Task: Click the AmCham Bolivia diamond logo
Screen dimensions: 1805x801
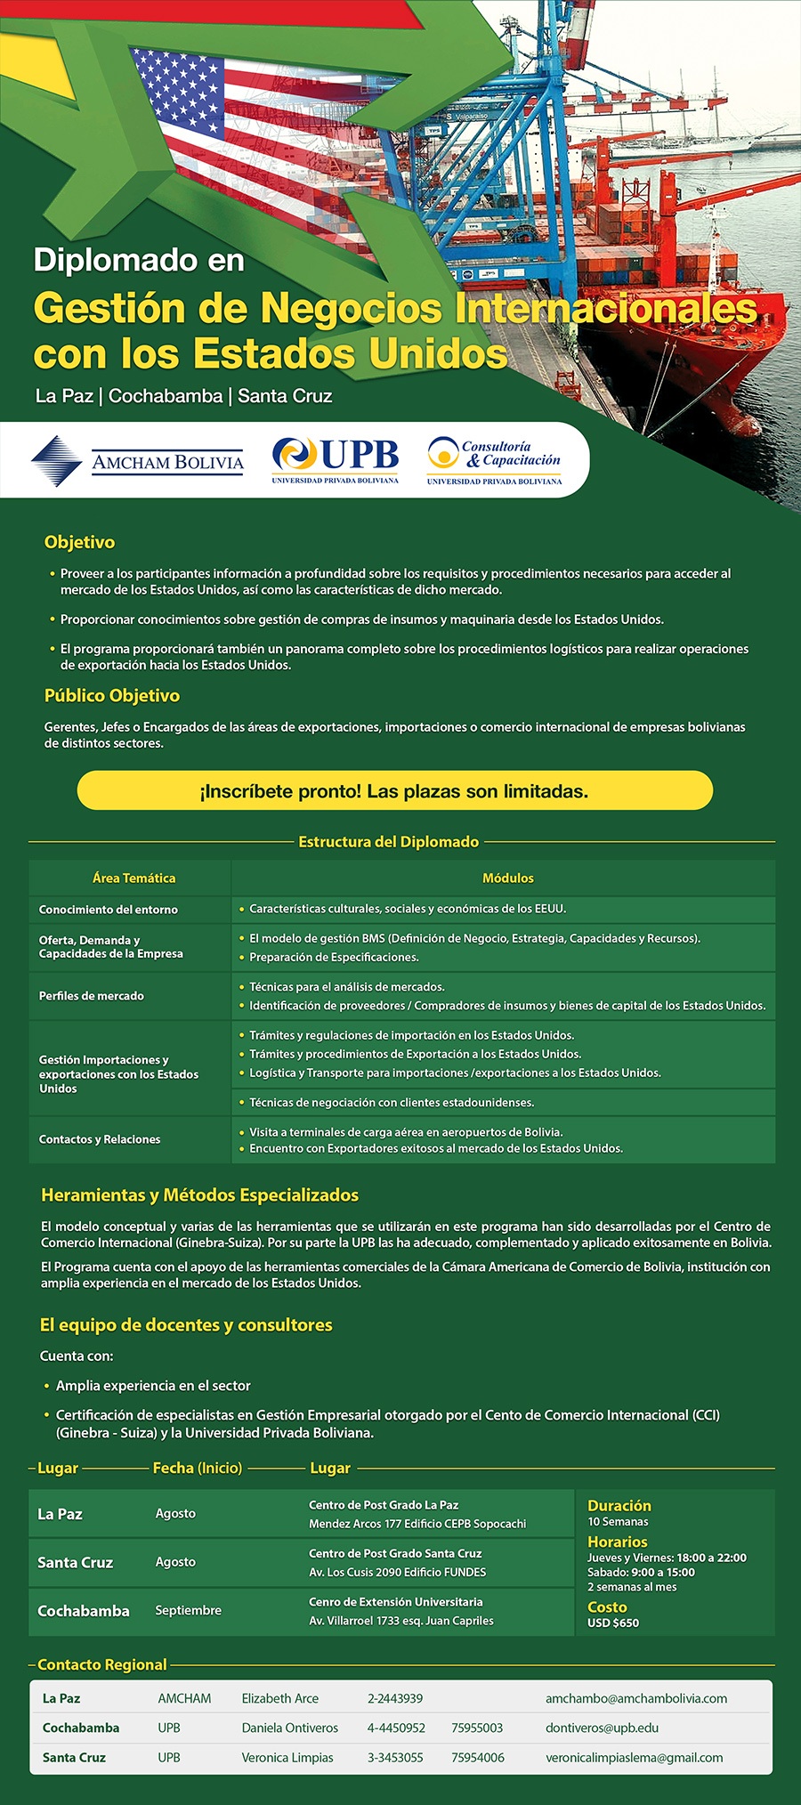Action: point(57,461)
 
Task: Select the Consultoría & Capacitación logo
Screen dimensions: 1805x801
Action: point(494,460)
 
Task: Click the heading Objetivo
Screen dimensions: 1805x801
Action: point(79,542)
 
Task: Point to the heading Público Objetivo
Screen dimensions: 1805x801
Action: point(112,696)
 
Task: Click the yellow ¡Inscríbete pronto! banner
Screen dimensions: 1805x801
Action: point(394,791)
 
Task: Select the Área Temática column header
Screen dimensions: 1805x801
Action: point(133,878)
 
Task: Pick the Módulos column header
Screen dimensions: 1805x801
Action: point(507,878)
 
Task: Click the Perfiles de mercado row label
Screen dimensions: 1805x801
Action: point(91,996)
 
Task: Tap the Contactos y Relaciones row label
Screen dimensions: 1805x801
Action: point(100,1139)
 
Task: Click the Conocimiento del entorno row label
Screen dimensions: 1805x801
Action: point(108,910)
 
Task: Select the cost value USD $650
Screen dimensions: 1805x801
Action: point(613,1623)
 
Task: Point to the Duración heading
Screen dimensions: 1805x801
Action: point(619,1506)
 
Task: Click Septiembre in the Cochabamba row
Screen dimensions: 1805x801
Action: point(188,1610)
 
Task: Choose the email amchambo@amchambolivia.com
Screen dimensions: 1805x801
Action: point(635,1698)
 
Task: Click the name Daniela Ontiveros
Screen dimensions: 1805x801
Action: point(290,1728)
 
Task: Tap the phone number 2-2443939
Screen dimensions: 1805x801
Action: point(395,1698)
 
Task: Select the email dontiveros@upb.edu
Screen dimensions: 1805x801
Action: point(602,1728)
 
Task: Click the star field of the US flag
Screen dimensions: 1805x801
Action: point(177,89)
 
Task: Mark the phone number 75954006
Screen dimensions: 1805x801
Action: point(477,1757)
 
